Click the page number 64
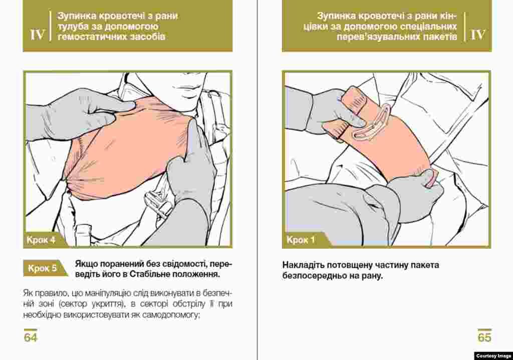tap(31, 337)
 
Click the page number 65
tap(484, 337)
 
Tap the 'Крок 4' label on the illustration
tap(41, 240)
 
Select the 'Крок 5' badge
tap(42, 268)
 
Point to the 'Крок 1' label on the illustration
tap(301, 240)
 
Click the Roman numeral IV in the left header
tap(37, 35)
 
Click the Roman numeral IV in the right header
tap(477, 35)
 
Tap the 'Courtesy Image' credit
tap(493, 356)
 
